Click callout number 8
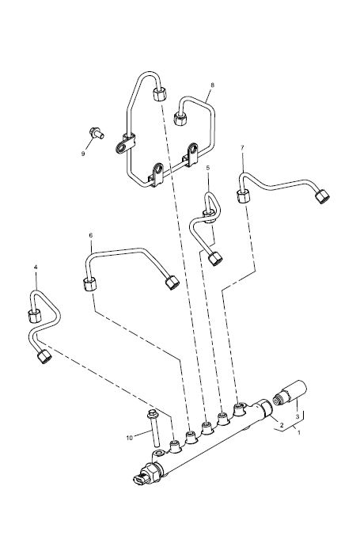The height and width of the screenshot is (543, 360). (x=212, y=85)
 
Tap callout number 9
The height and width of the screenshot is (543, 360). (x=83, y=154)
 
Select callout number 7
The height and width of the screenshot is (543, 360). (x=242, y=148)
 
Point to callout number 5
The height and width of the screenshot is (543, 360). (x=207, y=168)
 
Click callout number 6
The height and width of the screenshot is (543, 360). (x=91, y=235)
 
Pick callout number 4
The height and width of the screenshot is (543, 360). (x=36, y=267)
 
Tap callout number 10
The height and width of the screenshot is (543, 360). (x=130, y=438)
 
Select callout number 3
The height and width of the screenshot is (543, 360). (x=297, y=417)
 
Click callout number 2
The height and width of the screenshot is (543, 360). (x=282, y=424)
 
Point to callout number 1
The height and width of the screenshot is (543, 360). (x=299, y=432)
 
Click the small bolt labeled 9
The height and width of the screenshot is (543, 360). (x=97, y=133)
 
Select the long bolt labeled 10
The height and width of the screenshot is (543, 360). (x=153, y=427)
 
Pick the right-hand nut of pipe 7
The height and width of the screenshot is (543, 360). (x=322, y=196)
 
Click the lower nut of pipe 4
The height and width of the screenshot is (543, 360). (x=44, y=357)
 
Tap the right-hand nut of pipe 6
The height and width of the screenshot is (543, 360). (x=172, y=283)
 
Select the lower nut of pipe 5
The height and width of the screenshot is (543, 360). (x=215, y=258)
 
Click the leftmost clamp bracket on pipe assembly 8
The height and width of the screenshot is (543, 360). (x=125, y=144)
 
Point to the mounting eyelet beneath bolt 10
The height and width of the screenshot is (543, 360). (x=158, y=454)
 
